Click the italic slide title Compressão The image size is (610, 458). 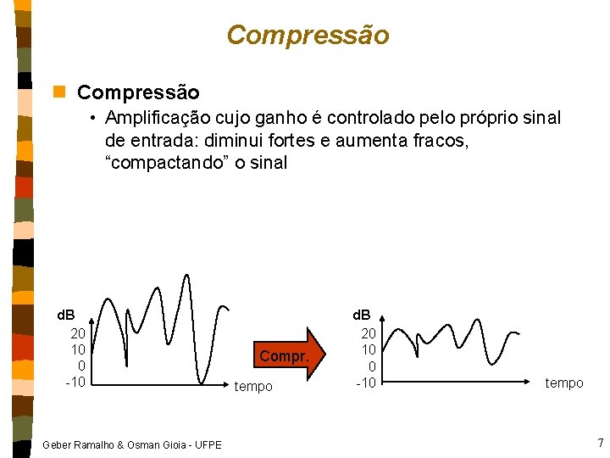click(x=308, y=35)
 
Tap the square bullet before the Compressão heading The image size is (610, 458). click(x=58, y=91)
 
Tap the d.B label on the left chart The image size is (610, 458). click(x=65, y=316)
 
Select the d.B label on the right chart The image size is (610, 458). click(x=363, y=316)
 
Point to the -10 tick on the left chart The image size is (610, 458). click(x=75, y=382)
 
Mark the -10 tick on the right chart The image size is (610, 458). click(x=365, y=383)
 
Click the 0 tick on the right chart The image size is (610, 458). click(x=372, y=366)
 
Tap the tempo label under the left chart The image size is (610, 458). click(x=254, y=387)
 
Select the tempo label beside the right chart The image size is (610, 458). click(x=564, y=383)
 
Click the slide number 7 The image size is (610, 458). click(x=600, y=443)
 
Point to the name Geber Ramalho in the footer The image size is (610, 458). click(x=77, y=444)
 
